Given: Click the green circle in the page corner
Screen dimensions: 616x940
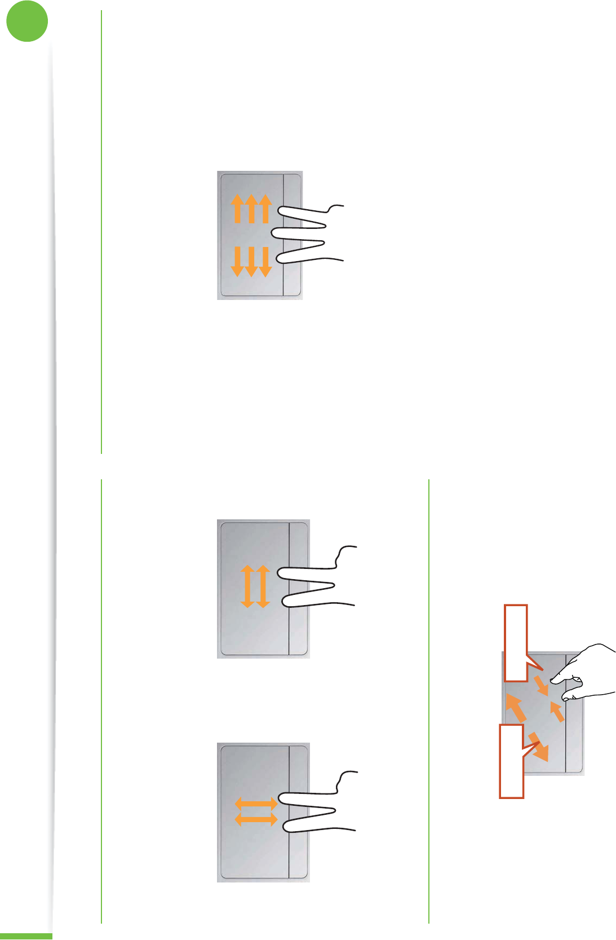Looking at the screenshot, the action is (x=27, y=21).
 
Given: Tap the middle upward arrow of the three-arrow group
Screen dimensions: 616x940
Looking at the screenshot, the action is (x=251, y=208).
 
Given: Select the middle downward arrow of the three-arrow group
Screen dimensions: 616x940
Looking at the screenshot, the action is (x=251, y=262).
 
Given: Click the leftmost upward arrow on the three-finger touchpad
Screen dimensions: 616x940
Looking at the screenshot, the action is (x=237, y=208).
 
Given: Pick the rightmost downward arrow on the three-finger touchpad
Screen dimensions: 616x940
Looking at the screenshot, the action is (x=265, y=262).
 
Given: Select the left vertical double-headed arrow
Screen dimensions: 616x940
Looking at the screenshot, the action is (x=247, y=586).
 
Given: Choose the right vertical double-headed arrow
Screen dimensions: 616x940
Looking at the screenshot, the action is (x=263, y=586).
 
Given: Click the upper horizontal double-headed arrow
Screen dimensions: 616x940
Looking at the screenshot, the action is (x=256, y=803).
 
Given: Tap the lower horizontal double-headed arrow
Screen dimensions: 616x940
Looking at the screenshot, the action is (x=256, y=819).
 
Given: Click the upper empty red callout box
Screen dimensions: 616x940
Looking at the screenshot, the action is (x=516, y=643).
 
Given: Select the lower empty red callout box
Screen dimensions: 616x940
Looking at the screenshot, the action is (x=512, y=761).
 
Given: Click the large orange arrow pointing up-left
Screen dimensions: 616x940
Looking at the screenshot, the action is (x=516, y=708).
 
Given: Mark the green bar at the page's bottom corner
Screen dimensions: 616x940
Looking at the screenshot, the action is (x=26, y=936).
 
